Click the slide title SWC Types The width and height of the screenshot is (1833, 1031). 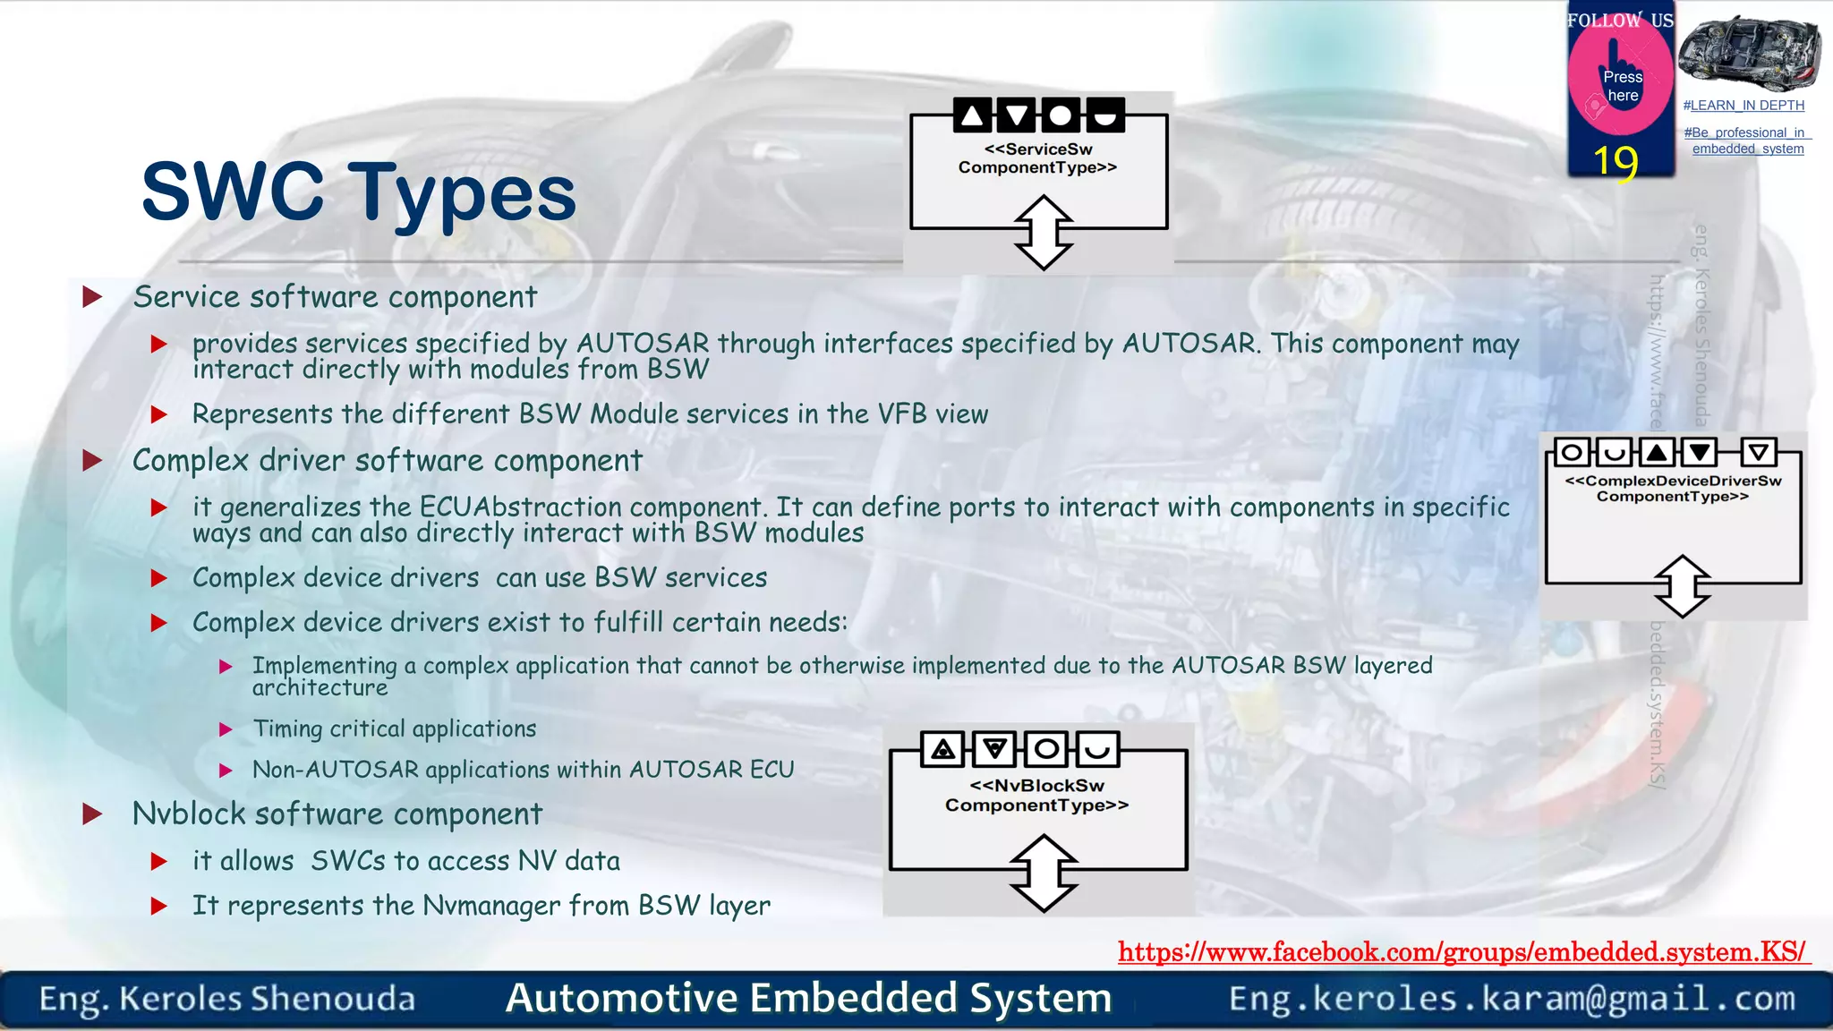tap(359, 192)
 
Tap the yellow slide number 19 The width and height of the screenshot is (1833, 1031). tap(1616, 162)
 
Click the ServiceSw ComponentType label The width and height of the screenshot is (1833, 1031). tap(1037, 158)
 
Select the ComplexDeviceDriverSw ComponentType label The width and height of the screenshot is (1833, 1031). tap(1673, 489)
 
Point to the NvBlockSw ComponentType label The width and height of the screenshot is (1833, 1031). tap(1037, 795)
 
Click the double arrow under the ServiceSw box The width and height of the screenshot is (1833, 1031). tap(1044, 233)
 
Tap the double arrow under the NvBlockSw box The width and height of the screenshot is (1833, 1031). tap(1044, 873)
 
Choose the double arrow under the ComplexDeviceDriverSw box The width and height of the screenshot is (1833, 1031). tap(1682, 586)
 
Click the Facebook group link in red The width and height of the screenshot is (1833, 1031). tap(1462, 951)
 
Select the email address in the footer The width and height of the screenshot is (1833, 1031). tap(1512, 999)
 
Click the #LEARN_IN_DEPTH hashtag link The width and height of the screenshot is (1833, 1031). tap(1743, 106)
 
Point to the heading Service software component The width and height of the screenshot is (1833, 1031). tap(335, 297)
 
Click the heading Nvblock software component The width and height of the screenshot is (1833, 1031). tap(337, 814)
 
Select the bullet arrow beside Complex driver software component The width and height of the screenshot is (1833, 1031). tap(92, 461)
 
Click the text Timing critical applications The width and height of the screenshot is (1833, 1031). tap(394, 729)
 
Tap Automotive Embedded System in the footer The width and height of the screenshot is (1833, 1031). tap(808, 999)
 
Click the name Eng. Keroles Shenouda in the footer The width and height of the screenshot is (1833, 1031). tap(227, 999)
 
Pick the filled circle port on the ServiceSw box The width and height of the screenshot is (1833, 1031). tap(1060, 115)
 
